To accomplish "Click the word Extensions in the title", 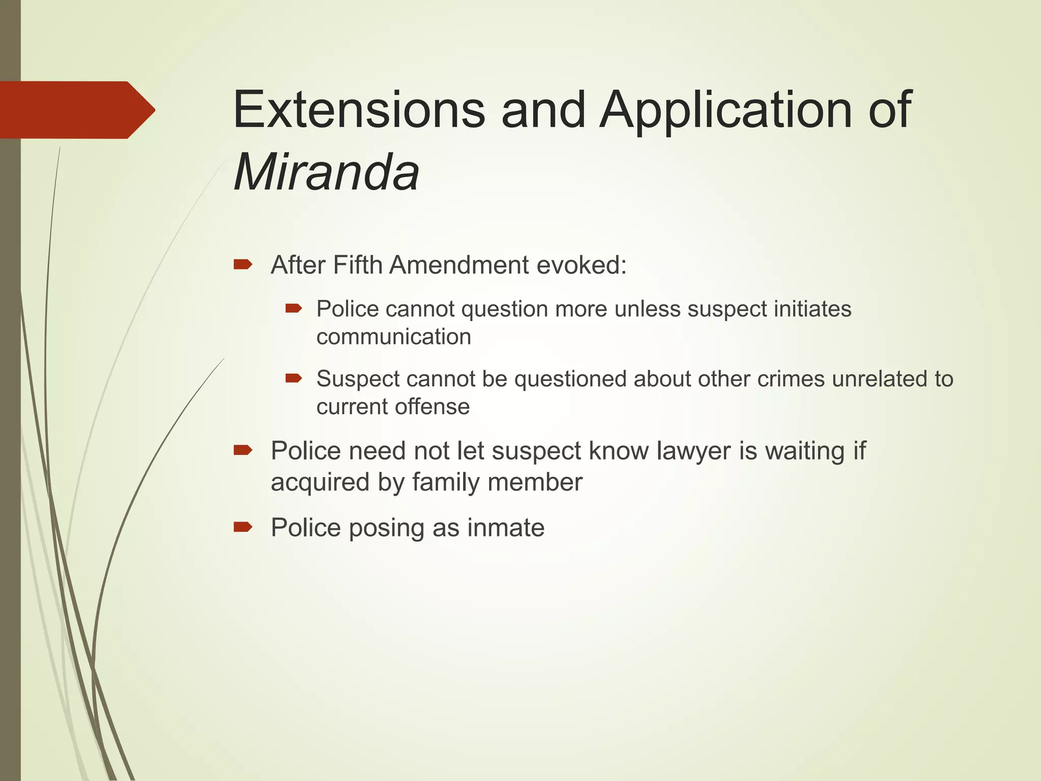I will (359, 110).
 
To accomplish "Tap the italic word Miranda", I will (326, 172).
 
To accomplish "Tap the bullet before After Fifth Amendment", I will (243, 264).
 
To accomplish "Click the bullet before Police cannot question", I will (294, 308).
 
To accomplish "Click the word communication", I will (393, 337).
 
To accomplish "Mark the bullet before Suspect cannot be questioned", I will (294, 378).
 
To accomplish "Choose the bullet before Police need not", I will (243, 450).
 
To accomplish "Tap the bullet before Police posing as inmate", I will (243, 527).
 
